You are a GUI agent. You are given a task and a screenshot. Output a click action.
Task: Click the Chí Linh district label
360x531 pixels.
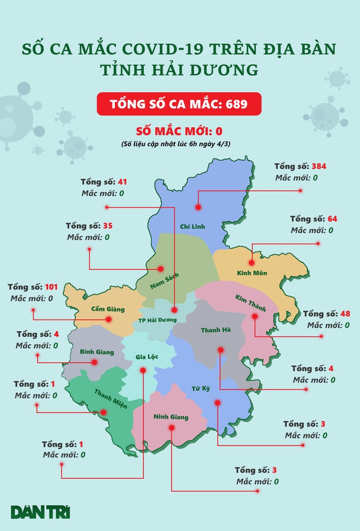191,227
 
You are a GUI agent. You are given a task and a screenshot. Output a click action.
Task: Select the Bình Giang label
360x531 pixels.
96,352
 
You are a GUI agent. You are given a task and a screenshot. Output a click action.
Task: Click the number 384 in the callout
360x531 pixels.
319,166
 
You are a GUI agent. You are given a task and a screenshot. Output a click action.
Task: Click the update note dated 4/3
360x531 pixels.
178,145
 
